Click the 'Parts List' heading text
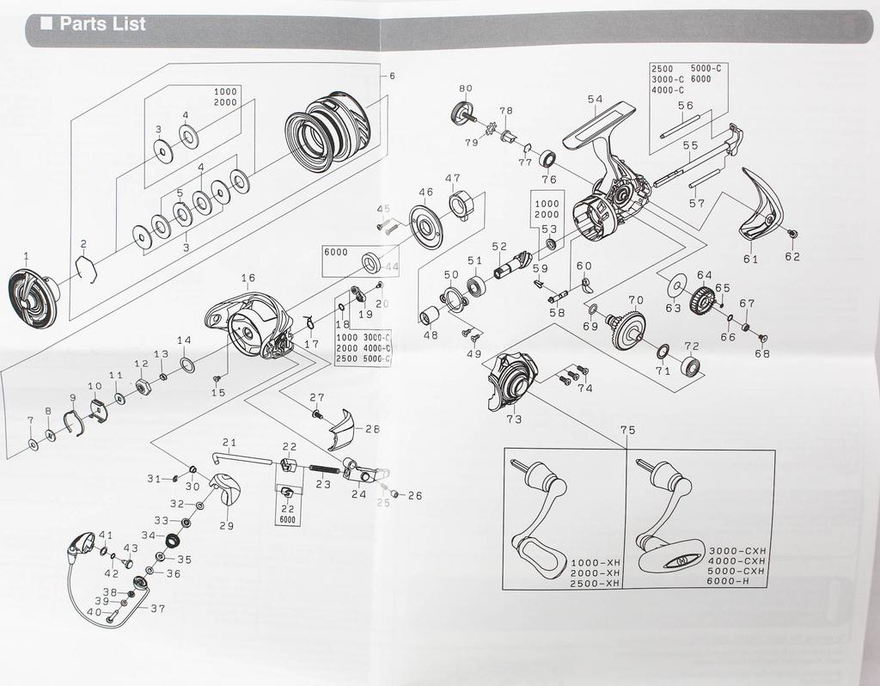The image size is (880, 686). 103,24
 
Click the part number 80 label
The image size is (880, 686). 466,89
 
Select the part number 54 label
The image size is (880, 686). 595,100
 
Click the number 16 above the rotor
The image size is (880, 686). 248,278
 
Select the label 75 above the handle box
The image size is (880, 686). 627,430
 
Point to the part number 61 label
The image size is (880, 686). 751,258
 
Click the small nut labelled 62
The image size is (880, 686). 792,234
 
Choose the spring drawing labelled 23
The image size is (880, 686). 322,469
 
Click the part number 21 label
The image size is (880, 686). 229,442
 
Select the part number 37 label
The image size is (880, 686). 157,609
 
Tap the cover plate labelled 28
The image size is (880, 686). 342,429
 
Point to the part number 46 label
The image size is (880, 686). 425,192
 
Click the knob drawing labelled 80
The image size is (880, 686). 462,112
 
